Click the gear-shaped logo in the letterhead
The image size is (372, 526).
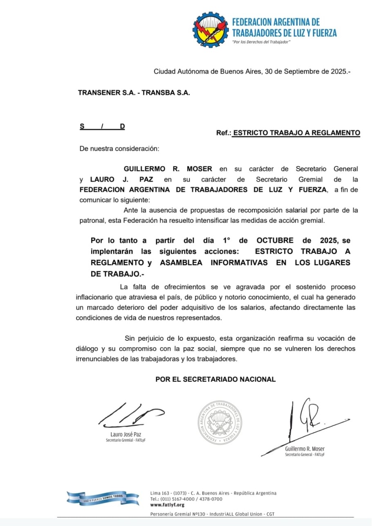(x=211, y=30)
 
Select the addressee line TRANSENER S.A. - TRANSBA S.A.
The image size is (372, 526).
(x=134, y=93)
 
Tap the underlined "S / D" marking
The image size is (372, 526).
(x=102, y=126)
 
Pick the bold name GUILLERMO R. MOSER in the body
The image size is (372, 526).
(x=168, y=169)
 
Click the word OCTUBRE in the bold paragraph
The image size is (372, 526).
(x=275, y=241)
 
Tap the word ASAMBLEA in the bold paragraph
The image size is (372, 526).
(x=181, y=263)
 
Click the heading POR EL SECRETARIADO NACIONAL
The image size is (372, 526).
(x=215, y=379)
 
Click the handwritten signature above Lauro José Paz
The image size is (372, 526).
(x=130, y=414)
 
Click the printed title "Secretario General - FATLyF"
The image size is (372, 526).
(x=305, y=454)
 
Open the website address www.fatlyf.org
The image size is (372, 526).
(x=167, y=505)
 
